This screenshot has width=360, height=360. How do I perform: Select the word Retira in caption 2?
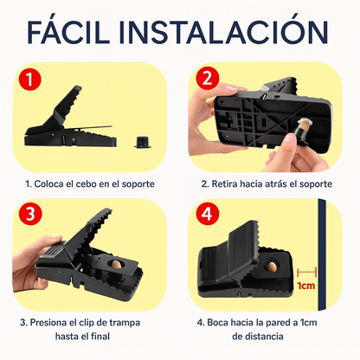click(228, 183)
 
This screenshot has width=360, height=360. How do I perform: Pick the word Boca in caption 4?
click(222, 324)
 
